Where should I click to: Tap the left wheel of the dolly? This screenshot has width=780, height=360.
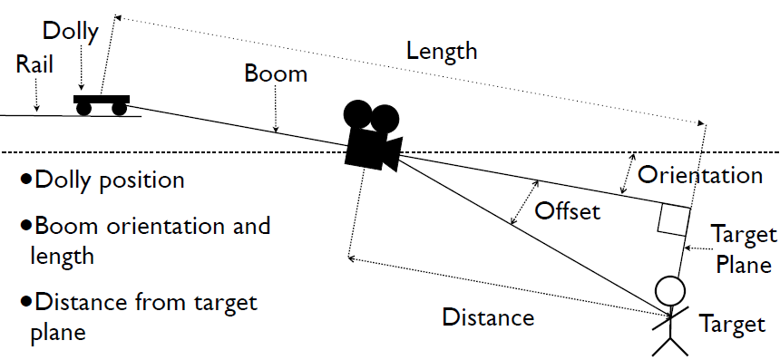tap(83, 109)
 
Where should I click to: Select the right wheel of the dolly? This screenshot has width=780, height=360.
tap(118, 109)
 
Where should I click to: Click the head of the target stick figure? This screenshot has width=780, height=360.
tap(670, 291)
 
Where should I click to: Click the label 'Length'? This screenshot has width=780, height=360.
tap(441, 52)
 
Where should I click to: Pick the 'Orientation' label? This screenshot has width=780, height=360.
tap(699, 174)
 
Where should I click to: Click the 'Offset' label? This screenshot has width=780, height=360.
tap(568, 211)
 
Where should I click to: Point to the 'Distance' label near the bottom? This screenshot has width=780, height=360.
tap(488, 317)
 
